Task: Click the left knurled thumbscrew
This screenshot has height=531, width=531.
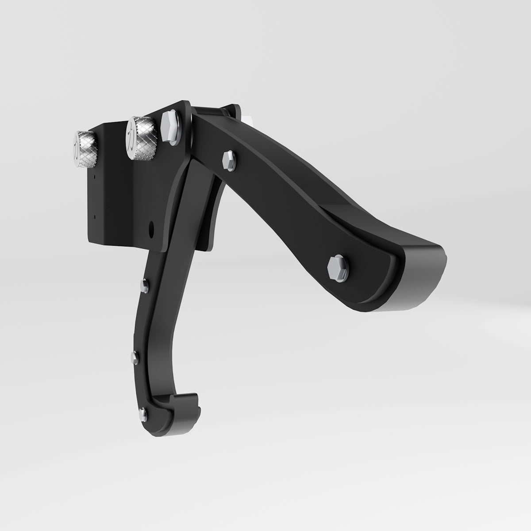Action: tap(84, 149)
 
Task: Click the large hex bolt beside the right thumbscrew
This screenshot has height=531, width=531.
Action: tap(170, 128)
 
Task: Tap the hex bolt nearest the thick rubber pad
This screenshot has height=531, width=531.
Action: tap(337, 268)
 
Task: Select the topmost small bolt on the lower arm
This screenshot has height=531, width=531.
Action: tap(143, 286)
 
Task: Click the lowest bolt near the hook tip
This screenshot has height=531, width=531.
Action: tap(142, 414)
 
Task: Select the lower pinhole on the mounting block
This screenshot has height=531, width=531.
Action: tap(94, 216)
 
